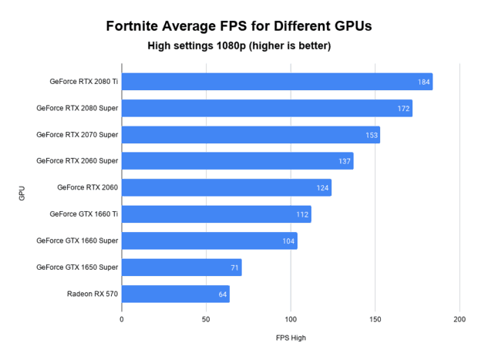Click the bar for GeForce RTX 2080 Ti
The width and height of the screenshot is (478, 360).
coord(276,82)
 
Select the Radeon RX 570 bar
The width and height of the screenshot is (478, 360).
coord(175,294)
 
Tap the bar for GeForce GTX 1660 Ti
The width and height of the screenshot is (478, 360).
coord(216,214)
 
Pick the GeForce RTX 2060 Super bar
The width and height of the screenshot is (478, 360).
coord(237,161)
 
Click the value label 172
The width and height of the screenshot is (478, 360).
coord(403,109)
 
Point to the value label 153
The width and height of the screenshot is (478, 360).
coord(372,135)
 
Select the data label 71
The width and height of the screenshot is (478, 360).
coord(234,267)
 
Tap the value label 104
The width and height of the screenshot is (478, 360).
coord(288,241)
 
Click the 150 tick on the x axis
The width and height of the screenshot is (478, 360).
coord(375,318)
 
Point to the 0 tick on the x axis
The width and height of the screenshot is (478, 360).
coord(122,318)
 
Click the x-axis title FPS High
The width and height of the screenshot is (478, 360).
coord(291,338)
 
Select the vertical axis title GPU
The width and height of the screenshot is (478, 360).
coord(22,193)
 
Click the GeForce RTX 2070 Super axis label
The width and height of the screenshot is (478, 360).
coord(77,135)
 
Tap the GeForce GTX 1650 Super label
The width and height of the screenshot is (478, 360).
coord(77,267)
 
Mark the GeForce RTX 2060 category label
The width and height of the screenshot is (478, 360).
coord(87,187)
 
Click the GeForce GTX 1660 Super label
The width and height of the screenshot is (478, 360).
coord(77,241)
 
